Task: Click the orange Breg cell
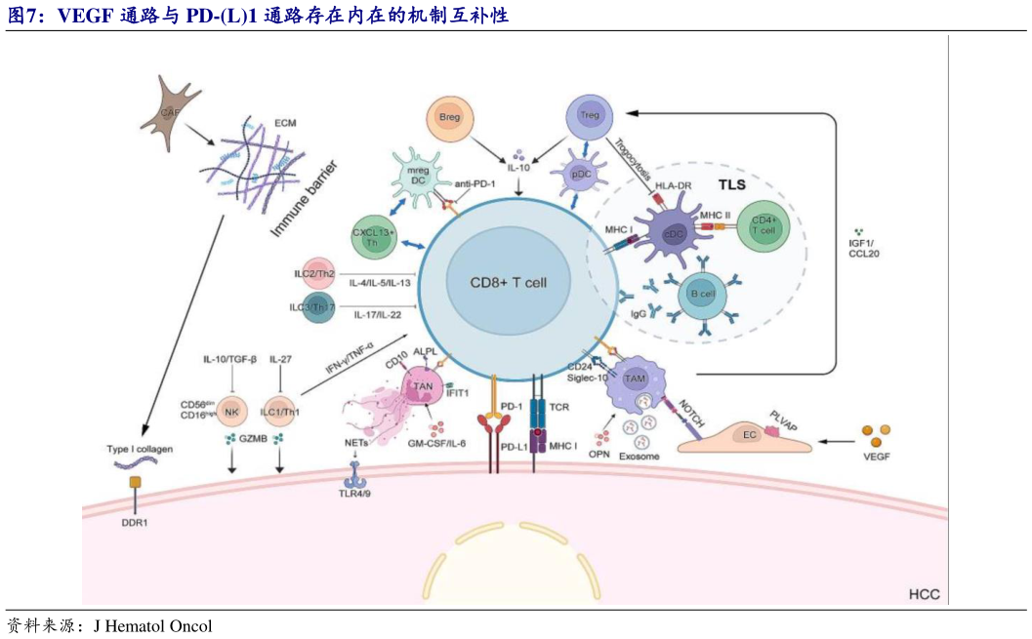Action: point(449,119)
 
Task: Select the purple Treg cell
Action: point(589,116)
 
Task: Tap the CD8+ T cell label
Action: point(509,282)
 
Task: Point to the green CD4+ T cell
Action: point(764,226)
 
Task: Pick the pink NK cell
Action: point(231,413)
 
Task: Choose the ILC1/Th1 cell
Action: point(280,413)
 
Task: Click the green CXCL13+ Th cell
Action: point(380,237)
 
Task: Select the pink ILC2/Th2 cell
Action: point(314,274)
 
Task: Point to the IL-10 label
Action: point(518,168)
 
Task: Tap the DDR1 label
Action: point(136,523)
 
